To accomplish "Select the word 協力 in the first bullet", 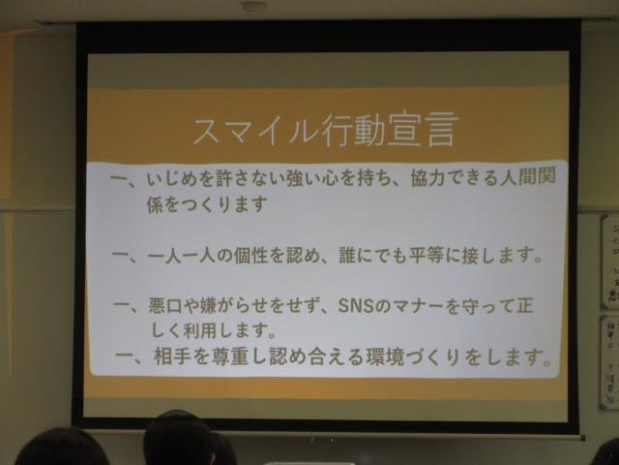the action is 427,177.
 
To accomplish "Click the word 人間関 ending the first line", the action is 528,176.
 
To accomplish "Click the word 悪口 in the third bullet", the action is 165,306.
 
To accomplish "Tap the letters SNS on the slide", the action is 356,306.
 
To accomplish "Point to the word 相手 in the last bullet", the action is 171,356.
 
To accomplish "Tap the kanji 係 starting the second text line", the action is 155,204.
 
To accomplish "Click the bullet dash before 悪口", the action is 123,305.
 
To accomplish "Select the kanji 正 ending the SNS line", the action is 523,306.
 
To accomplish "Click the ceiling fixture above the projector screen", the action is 252,7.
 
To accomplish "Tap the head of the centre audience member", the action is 178,437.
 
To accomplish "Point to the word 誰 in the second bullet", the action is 347,256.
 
